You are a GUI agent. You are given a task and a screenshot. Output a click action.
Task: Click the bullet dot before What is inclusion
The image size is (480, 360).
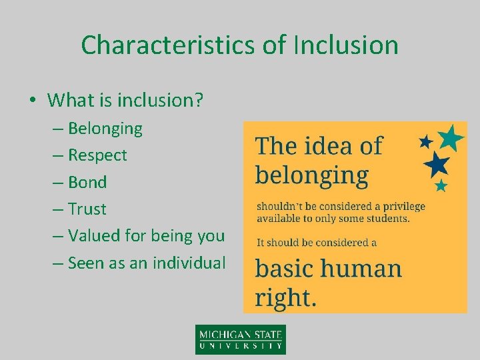(32, 101)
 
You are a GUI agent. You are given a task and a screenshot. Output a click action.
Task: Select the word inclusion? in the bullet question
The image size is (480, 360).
(161, 101)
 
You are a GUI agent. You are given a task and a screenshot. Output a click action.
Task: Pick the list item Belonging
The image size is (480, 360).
(105, 128)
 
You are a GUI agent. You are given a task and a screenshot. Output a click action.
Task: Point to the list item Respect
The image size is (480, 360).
(97, 155)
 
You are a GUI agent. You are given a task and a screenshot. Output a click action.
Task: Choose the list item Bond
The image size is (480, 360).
(87, 182)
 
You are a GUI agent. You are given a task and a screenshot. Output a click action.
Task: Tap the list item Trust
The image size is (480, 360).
(87, 209)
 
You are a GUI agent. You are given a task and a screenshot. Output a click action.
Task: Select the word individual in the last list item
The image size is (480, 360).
(189, 263)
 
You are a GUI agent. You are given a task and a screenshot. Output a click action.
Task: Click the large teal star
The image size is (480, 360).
(451, 137)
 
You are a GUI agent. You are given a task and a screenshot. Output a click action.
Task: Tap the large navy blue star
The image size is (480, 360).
(436, 163)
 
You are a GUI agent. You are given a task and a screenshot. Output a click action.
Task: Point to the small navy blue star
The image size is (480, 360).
(425, 141)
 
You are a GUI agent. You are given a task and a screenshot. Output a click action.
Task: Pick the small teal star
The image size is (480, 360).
(441, 185)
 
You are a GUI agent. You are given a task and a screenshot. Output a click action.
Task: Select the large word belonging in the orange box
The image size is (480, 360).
(311, 175)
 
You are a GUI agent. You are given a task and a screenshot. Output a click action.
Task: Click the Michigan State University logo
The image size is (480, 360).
(240, 339)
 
